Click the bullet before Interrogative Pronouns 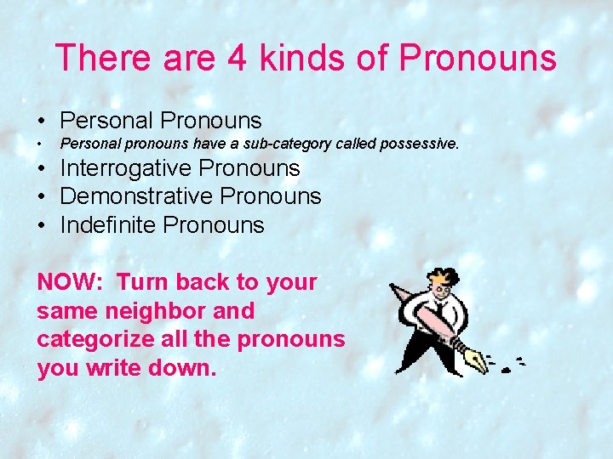(x=41, y=169)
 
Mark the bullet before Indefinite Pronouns (x=41, y=226)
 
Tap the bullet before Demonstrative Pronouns (x=41, y=197)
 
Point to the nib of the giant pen (x=477, y=362)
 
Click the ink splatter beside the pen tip (x=508, y=367)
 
